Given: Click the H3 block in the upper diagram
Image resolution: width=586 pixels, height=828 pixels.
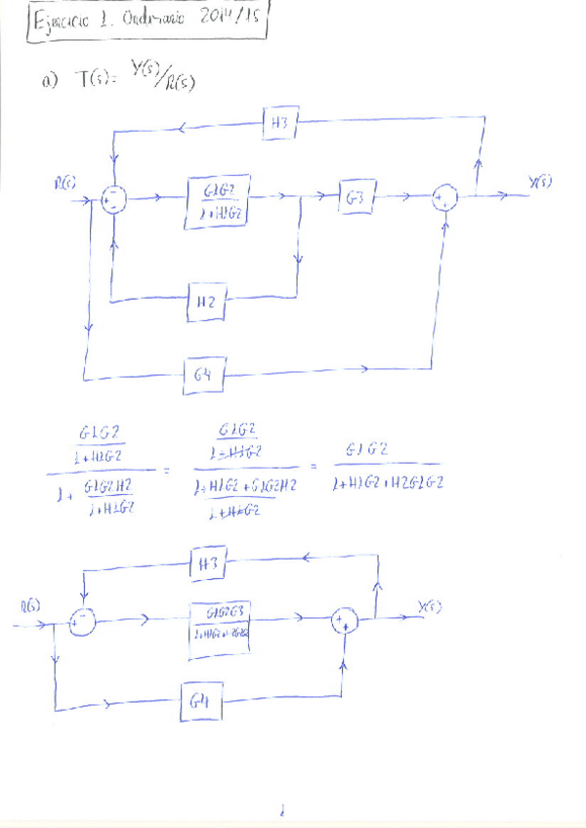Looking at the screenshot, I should (x=281, y=124).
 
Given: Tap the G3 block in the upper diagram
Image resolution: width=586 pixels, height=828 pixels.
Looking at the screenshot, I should (x=355, y=196).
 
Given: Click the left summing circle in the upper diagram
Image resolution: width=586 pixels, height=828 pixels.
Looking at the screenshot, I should (x=115, y=198).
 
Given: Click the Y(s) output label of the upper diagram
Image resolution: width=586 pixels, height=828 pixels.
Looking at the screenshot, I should (x=540, y=182).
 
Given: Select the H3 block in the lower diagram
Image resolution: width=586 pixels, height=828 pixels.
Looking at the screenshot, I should (x=209, y=564).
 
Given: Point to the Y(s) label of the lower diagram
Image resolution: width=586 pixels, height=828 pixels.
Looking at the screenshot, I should (x=430, y=607).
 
